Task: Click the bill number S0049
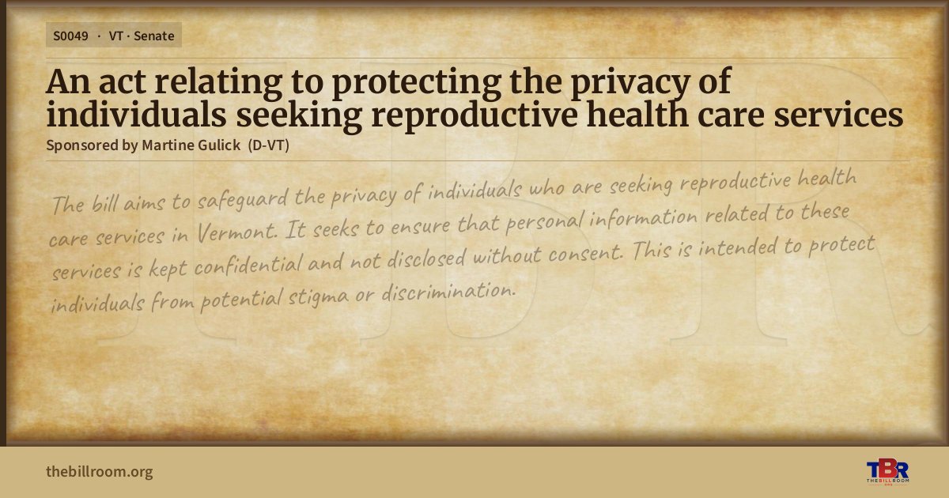tap(70, 36)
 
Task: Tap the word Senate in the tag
tap(153, 36)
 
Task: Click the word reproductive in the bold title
tap(474, 116)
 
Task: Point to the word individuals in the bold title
tap(136, 115)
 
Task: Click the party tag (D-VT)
tap(269, 145)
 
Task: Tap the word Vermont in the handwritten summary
tap(236, 232)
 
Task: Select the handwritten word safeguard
tap(243, 199)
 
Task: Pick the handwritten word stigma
tap(318, 298)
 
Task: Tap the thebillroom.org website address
tap(100, 472)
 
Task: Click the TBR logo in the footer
tap(887, 471)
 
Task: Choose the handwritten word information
tap(643, 218)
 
